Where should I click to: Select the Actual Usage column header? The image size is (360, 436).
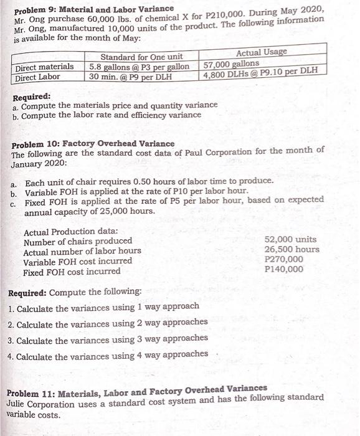pos(262,52)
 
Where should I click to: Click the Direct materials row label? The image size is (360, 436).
pos(44,67)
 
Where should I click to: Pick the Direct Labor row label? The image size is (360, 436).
pos(38,77)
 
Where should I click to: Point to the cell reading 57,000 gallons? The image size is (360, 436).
pos(232,64)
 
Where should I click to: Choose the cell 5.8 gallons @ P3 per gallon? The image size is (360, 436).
pos(139,66)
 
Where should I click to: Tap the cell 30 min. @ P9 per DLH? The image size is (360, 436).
pos(130,77)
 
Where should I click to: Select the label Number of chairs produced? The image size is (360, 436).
pos(77,241)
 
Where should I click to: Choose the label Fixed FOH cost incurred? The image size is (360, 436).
pos(72,272)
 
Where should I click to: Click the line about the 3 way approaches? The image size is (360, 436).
pos(108,339)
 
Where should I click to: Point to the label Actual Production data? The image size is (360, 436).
pos(67,231)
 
